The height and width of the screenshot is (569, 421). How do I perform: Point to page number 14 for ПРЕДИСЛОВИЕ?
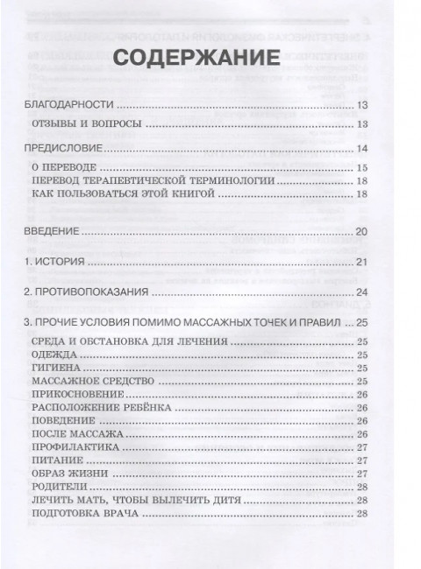(x=361, y=150)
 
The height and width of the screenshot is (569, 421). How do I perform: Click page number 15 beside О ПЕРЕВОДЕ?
(x=361, y=166)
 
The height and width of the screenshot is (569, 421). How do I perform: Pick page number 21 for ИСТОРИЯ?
(x=361, y=263)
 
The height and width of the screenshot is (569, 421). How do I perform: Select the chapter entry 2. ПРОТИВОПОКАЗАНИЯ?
(x=82, y=292)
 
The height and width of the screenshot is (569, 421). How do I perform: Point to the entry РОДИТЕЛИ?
(x=60, y=488)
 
